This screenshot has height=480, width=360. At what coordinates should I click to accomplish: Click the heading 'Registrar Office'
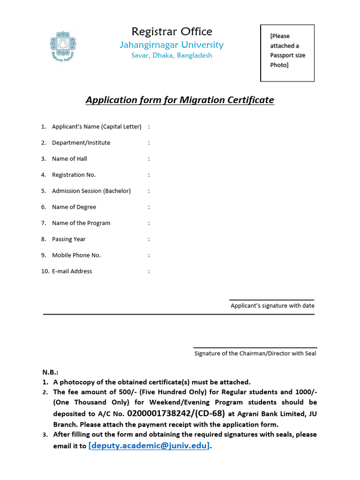pyautogui.click(x=172, y=31)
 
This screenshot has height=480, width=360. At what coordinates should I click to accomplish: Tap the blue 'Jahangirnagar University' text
pyautogui.click(x=172, y=45)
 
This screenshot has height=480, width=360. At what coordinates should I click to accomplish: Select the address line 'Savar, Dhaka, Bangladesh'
pyautogui.click(x=172, y=55)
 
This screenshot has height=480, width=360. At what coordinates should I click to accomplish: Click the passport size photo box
pyautogui.click(x=287, y=53)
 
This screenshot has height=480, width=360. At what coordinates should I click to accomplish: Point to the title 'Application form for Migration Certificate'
pyautogui.click(x=180, y=100)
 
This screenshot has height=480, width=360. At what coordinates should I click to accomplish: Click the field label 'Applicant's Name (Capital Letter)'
pyautogui.click(x=97, y=127)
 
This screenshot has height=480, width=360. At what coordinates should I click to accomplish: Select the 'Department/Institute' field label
pyautogui.click(x=81, y=142)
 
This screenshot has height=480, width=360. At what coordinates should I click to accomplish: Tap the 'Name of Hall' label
pyautogui.click(x=69, y=158)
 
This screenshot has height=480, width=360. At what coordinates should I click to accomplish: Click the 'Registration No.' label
pyautogui.click(x=74, y=175)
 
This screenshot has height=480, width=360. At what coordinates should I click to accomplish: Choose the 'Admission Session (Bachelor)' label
pyautogui.click(x=91, y=191)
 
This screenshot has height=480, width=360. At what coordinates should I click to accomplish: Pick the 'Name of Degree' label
pyautogui.click(x=74, y=207)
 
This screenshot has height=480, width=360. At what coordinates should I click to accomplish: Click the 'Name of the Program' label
pyautogui.click(x=81, y=223)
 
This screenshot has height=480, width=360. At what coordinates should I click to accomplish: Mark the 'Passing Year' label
pyautogui.click(x=69, y=239)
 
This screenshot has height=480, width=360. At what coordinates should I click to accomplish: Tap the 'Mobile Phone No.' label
pyautogui.click(x=76, y=255)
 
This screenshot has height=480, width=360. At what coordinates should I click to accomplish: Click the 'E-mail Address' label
pyautogui.click(x=72, y=271)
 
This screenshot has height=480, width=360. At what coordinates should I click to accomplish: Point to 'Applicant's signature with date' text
pyautogui.click(x=272, y=306)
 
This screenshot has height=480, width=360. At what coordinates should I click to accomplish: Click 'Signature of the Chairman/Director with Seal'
pyautogui.click(x=255, y=353)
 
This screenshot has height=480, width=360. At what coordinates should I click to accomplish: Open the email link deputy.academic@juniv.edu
pyautogui.click(x=149, y=446)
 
